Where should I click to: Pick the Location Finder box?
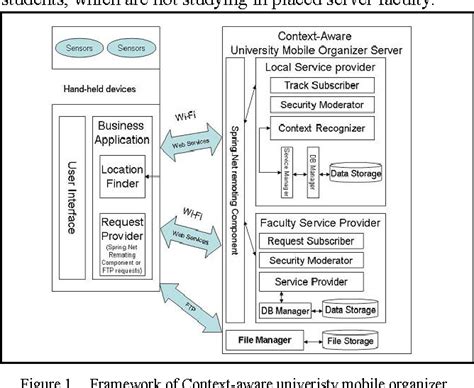click(121, 177)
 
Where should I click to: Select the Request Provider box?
click(121, 246)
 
